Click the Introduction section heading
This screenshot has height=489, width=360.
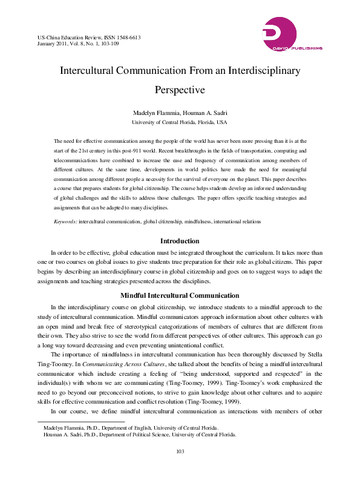(180, 241)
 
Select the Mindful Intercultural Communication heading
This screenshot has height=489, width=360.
(180, 295)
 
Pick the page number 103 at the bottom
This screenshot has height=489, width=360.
(180, 468)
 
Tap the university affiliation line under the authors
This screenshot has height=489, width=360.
(180, 122)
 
